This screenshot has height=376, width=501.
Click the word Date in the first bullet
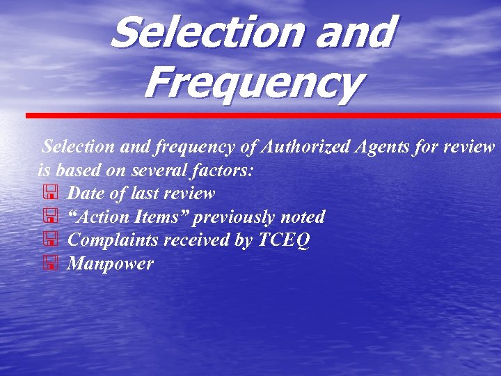point(88,193)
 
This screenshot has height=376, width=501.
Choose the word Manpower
point(110,264)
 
